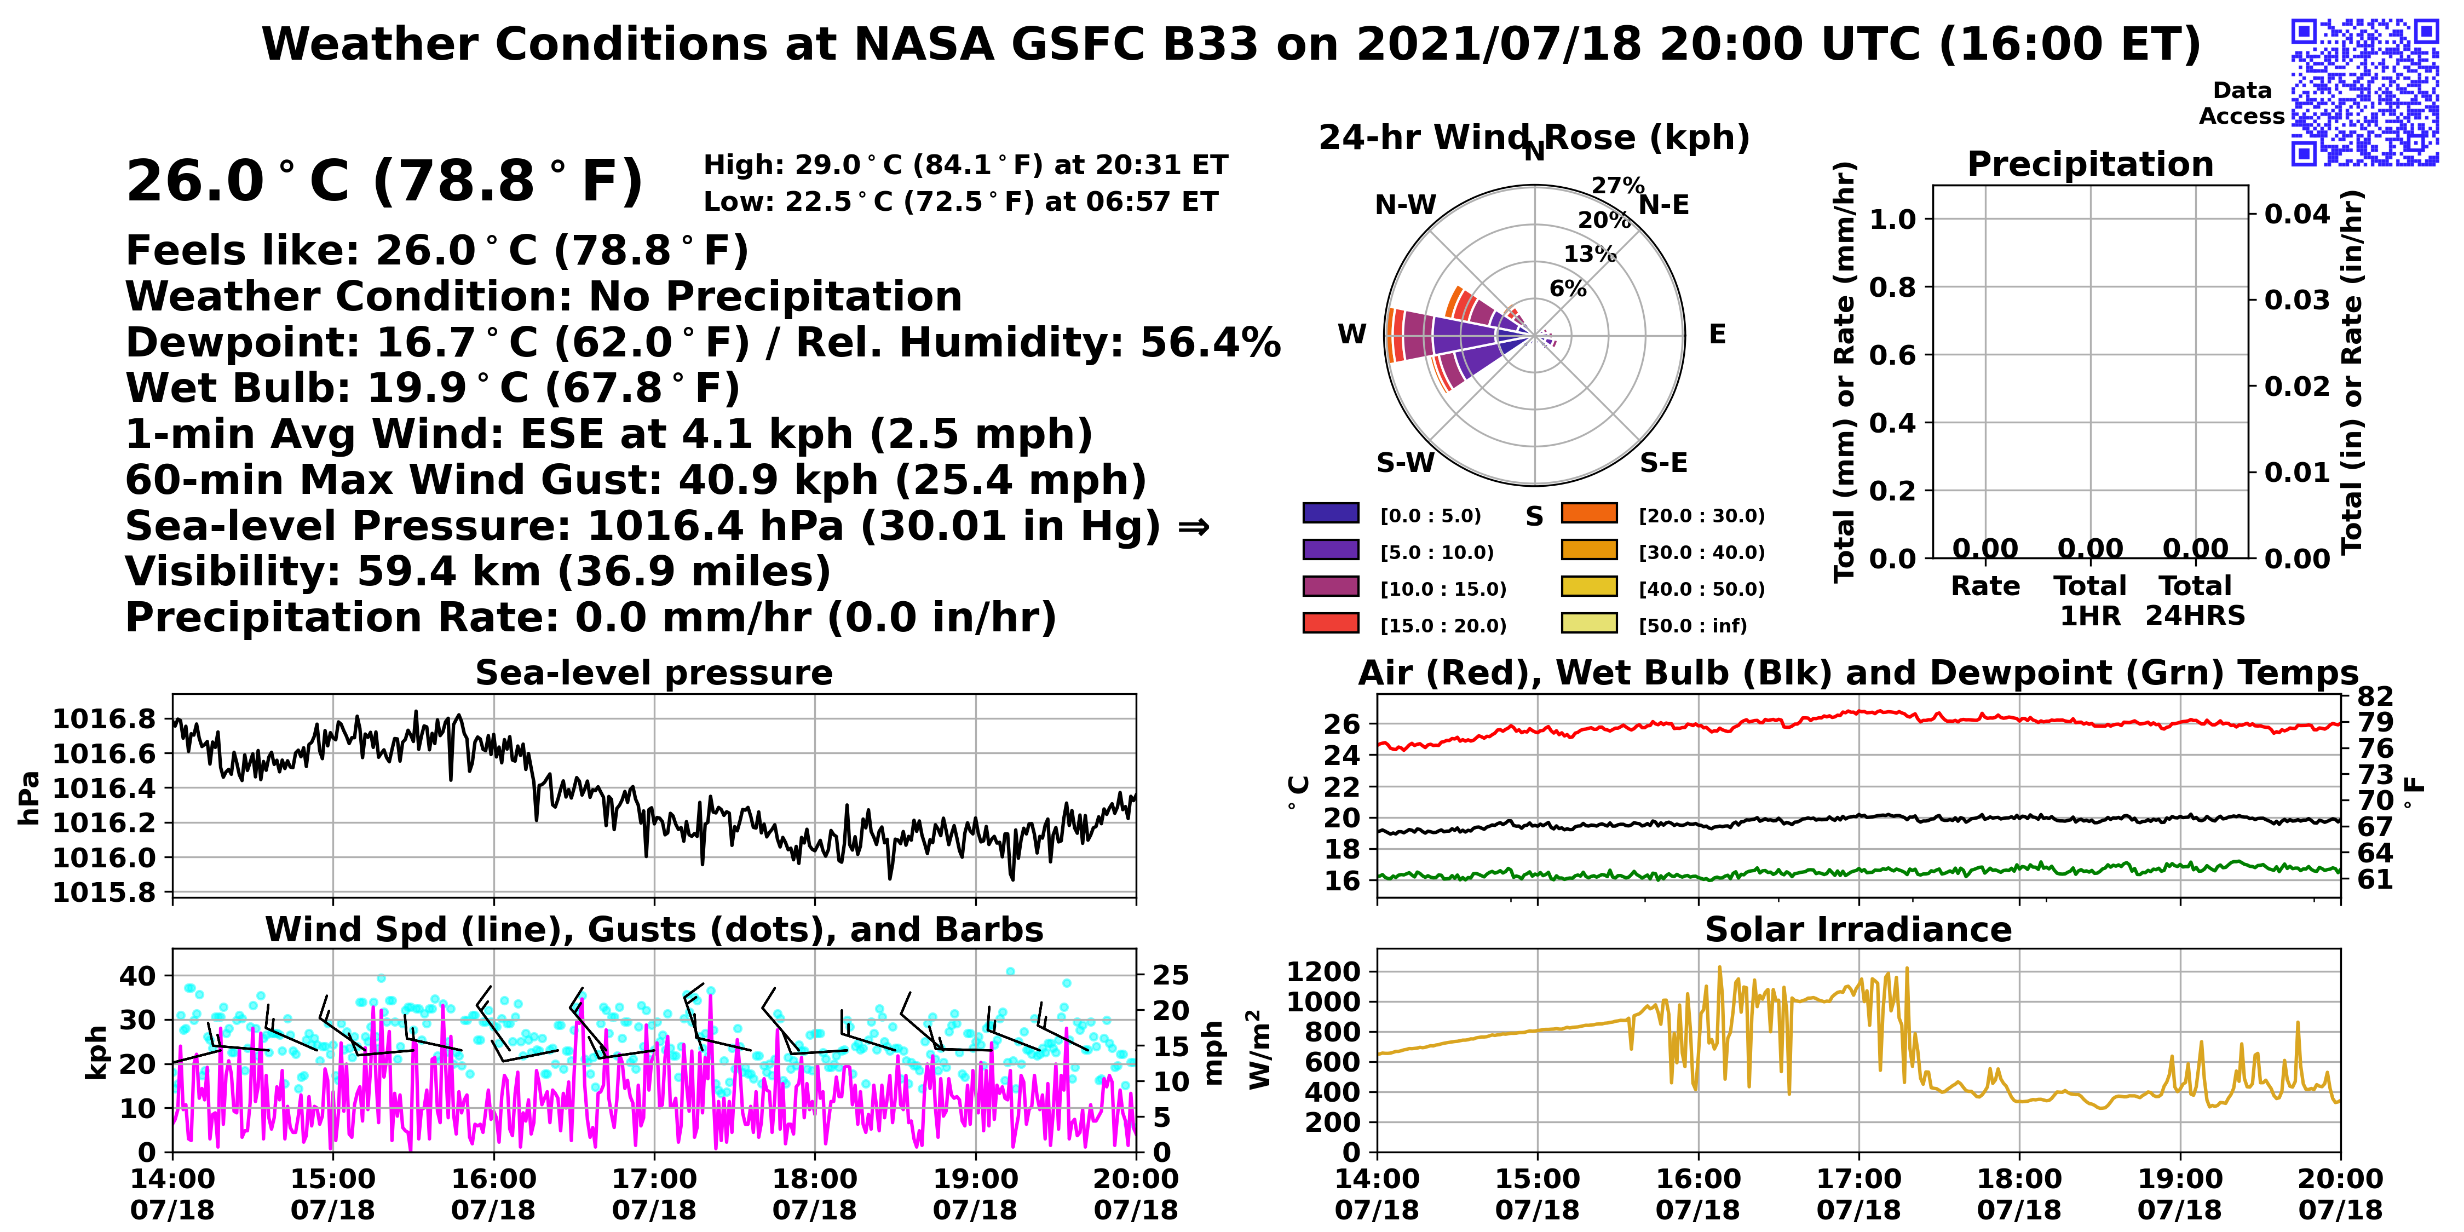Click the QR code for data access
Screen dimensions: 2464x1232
(x=2364, y=92)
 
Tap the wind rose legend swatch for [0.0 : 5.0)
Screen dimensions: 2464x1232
(x=1331, y=514)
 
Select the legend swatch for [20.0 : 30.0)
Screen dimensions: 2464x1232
(x=1589, y=514)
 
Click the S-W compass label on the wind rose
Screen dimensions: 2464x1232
(x=1405, y=463)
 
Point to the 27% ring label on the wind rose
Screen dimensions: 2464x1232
(x=1617, y=185)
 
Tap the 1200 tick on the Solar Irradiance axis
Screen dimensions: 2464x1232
(x=1324, y=972)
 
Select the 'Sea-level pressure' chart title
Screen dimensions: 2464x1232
(x=654, y=673)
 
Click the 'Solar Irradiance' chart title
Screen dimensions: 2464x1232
(x=1858, y=930)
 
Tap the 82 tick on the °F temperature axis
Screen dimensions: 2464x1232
(x=2375, y=696)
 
